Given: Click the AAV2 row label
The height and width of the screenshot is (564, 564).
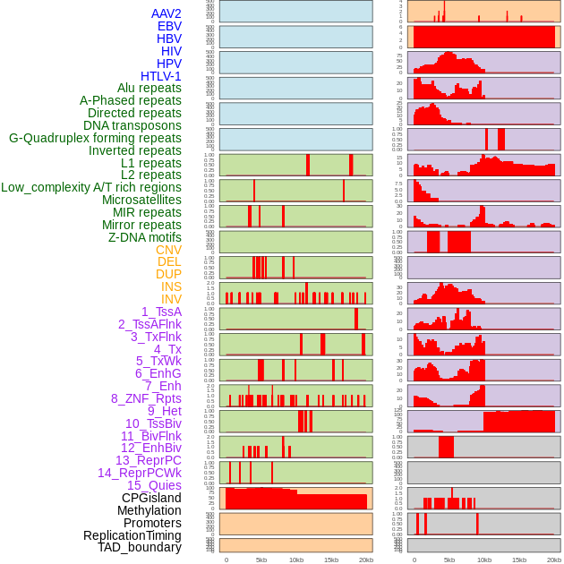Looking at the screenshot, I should click(167, 13).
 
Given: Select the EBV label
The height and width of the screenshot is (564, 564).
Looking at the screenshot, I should click(169, 26).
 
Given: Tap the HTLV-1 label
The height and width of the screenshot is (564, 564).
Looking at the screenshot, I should click(161, 76).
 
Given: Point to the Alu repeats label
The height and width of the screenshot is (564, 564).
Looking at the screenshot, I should click(150, 89).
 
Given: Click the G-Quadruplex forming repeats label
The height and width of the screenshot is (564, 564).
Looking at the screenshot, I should click(95, 139).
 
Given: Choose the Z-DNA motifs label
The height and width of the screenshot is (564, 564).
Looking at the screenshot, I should click(145, 237).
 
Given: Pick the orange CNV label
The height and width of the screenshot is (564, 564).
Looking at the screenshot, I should click(168, 250).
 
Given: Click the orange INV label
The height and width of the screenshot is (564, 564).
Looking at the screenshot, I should click(171, 299).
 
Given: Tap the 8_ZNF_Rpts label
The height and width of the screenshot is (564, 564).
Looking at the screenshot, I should click(146, 398).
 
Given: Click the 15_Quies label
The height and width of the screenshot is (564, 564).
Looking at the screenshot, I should click(153, 485).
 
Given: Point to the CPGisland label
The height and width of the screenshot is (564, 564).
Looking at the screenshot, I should click(151, 498).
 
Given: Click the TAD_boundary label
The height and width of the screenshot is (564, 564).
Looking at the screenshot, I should click(140, 547).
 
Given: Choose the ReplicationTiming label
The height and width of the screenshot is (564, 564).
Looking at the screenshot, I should click(132, 535).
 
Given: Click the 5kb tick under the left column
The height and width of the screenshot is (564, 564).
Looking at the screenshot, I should click(261, 560).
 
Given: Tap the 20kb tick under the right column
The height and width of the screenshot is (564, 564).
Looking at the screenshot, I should click(554, 560).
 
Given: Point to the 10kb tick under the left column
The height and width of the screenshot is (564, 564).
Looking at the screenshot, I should click(295, 560).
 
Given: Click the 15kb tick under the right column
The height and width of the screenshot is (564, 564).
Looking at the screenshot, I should click(519, 560).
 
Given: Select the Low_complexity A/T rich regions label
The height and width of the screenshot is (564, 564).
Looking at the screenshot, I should click(91, 187).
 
